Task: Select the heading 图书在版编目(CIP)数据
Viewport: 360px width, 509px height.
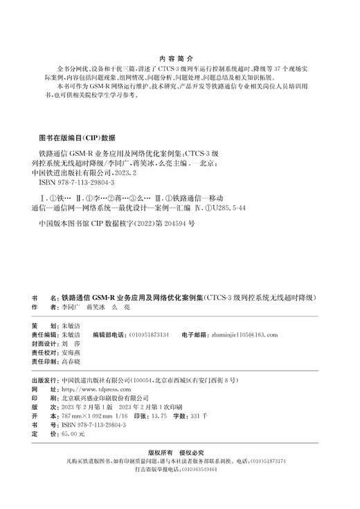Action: click(79, 136)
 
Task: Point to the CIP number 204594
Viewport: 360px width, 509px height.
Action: click(166, 224)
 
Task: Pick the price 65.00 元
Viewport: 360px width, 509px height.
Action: click(72, 434)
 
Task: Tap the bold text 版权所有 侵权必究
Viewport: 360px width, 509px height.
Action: click(180, 450)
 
